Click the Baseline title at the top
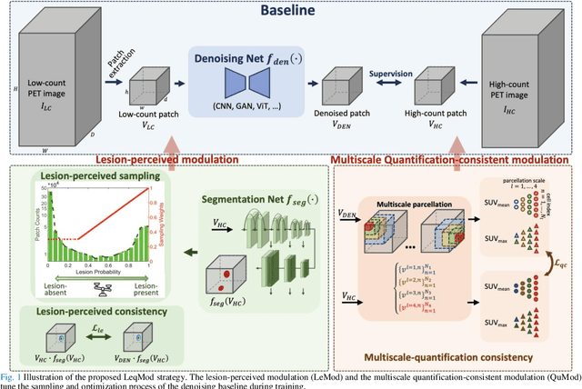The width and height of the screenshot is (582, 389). click(x=291, y=14)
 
